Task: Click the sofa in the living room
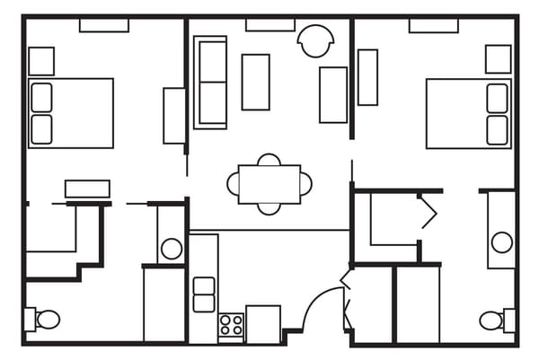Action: click(210, 82)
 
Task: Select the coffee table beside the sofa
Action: click(255, 82)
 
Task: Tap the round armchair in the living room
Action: click(316, 41)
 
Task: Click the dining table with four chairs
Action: click(269, 184)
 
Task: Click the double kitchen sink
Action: click(204, 294)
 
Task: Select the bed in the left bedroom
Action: click(72, 113)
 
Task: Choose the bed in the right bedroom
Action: click(467, 113)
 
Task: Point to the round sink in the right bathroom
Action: click(501, 242)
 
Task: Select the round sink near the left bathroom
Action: click(171, 249)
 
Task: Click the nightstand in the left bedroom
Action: click(41, 61)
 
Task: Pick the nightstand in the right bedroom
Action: click(498, 59)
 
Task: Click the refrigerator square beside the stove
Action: click(263, 324)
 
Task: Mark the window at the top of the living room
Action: click(269, 25)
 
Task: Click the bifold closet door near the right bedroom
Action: click(426, 212)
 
